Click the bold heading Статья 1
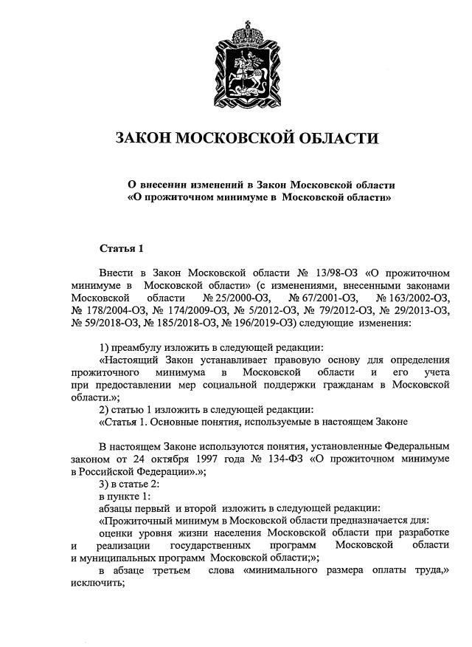(x=122, y=247)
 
